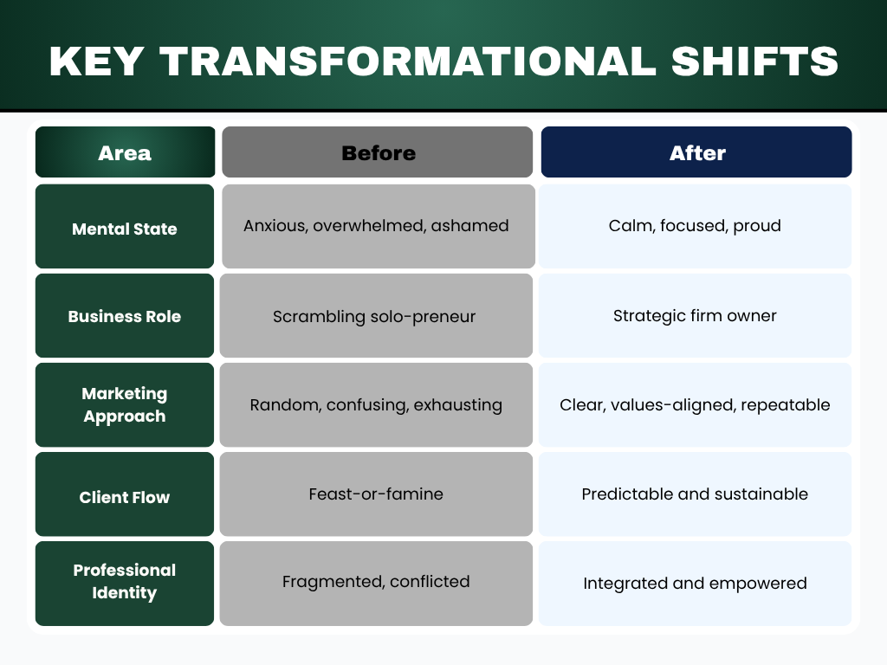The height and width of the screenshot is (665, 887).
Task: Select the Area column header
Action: (125, 153)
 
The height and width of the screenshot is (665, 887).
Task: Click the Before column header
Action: (378, 153)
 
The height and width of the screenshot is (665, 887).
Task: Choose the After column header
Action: (696, 153)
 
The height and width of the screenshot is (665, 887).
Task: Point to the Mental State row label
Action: (125, 229)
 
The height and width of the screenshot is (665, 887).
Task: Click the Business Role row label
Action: (125, 316)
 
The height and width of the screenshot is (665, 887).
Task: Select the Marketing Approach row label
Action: (125, 404)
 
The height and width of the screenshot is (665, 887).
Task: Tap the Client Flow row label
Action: (125, 497)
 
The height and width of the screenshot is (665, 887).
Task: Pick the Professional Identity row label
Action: (125, 581)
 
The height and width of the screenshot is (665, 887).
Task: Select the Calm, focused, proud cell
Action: (695, 226)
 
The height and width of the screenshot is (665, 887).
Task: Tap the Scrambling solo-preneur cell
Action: (374, 316)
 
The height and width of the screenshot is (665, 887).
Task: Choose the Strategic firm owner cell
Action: (695, 316)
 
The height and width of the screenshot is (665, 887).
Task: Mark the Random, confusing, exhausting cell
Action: (376, 404)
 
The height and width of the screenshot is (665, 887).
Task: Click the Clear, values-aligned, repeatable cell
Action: (695, 404)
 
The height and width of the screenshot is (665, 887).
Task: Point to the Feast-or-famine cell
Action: (376, 494)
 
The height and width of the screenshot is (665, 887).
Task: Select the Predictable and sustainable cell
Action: (695, 494)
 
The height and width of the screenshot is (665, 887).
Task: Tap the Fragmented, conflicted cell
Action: (376, 581)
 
